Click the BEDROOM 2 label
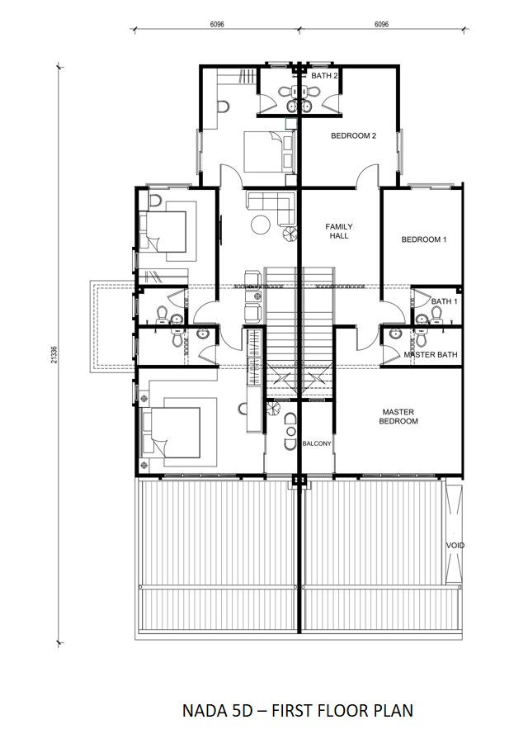point(353,135)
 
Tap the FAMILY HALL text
point(339,231)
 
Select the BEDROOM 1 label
point(424,239)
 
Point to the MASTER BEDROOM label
point(398,417)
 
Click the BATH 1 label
point(445,301)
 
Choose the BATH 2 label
point(324,75)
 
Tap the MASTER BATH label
point(431,355)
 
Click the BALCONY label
point(317,443)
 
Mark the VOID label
point(455,546)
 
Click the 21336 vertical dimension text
point(54,354)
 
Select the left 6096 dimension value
point(217,24)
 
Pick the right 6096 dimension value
point(382,24)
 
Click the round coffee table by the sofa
point(261,225)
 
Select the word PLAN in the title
point(393,711)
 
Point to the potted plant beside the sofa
point(290,233)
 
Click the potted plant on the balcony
point(273,408)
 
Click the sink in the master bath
point(395,334)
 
